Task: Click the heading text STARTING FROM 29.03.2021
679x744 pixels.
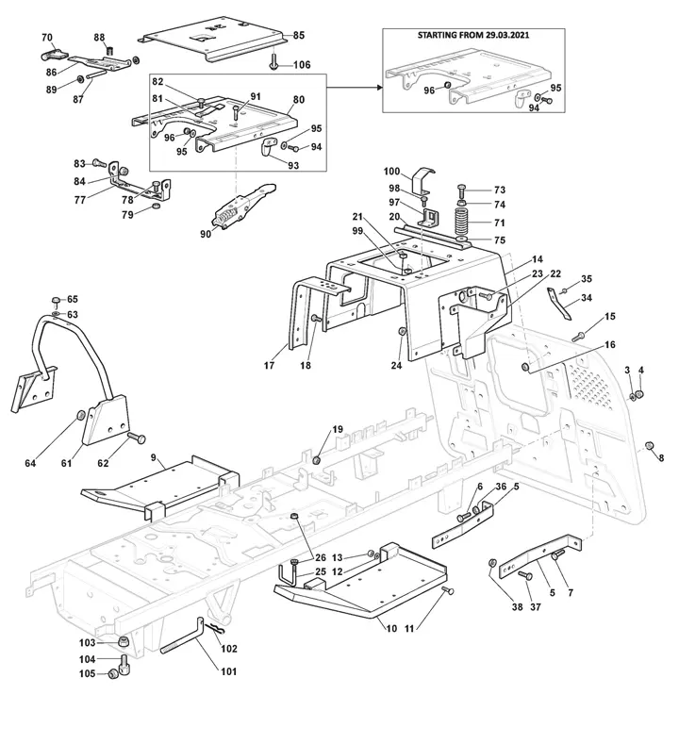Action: pyautogui.click(x=473, y=35)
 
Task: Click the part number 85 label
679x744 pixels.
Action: pyautogui.click(x=298, y=35)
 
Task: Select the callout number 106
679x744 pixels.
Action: pyautogui.click(x=302, y=64)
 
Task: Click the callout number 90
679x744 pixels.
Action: pyautogui.click(x=206, y=234)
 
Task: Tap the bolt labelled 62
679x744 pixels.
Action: pyautogui.click(x=137, y=438)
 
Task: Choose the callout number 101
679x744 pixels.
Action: pyautogui.click(x=229, y=671)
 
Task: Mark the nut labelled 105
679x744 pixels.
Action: pyautogui.click(x=113, y=673)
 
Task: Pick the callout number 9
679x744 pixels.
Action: pyautogui.click(x=154, y=457)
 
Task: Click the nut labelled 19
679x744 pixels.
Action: pyautogui.click(x=318, y=459)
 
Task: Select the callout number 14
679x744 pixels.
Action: pyautogui.click(x=538, y=259)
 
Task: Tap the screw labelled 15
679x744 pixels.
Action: pyautogui.click(x=578, y=337)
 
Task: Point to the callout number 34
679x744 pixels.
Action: pyautogui.click(x=587, y=297)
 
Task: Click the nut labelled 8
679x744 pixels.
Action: pyautogui.click(x=649, y=445)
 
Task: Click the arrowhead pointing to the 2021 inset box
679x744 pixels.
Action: pyautogui.click(x=379, y=88)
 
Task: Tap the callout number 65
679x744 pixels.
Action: pyautogui.click(x=72, y=299)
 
